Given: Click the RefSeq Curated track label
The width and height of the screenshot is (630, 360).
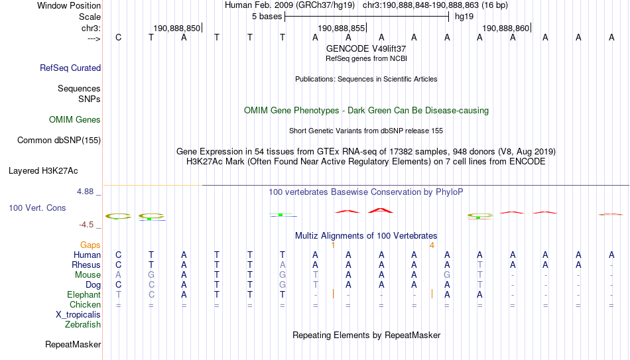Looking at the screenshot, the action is pyautogui.click(x=70, y=68).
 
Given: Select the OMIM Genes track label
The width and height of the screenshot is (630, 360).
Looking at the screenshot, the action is pyautogui.click(x=75, y=120).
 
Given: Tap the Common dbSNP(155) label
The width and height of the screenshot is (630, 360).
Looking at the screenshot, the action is pyautogui.click(x=59, y=141).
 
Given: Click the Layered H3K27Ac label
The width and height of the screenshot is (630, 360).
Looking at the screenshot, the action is pyautogui.click(x=43, y=171).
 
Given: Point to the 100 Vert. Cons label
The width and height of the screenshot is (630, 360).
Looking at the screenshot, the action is pyautogui.click(x=37, y=208).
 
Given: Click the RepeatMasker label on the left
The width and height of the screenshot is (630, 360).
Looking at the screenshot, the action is pyautogui.click(x=73, y=344).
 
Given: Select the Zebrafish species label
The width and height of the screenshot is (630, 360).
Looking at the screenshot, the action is pyautogui.click(x=83, y=324).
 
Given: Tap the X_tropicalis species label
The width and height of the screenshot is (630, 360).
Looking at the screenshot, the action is pyautogui.click(x=78, y=315).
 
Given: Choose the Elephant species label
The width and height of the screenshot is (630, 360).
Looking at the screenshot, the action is pyautogui.click(x=84, y=294).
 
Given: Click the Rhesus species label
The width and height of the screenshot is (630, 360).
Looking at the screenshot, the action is pyautogui.click(x=86, y=265).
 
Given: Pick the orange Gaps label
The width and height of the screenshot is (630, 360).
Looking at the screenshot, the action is pyautogui.click(x=90, y=245).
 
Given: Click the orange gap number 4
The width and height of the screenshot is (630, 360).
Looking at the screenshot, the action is pyautogui.click(x=432, y=245).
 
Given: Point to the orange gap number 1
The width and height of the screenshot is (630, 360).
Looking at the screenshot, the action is pyautogui.click(x=333, y=245).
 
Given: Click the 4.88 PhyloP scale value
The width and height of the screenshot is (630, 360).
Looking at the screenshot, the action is pyautogui.click(x=85, y=192).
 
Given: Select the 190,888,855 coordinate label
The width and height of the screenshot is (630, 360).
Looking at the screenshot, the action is pyautogui.click(x=341, y=28).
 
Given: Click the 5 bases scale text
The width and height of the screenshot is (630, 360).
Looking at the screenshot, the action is pyautogui.click(x=267, y=17).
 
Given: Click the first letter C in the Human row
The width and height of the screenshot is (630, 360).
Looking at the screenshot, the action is pyautogui.click(x=118, y=255).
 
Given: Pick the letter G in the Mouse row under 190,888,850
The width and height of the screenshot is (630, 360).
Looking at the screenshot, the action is pyautogui.click(x=151, y=275).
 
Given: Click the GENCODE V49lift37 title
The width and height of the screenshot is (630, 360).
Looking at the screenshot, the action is pyautogui.click(x=366, y=48).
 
